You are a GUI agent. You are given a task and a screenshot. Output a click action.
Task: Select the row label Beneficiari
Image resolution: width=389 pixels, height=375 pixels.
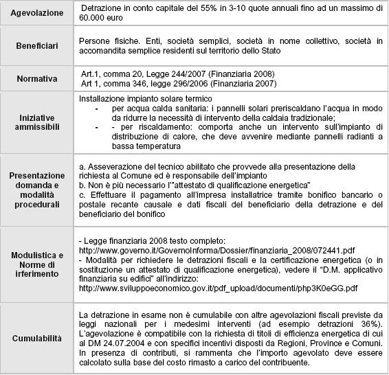36,45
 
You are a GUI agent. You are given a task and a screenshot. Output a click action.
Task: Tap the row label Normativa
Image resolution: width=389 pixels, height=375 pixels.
36,79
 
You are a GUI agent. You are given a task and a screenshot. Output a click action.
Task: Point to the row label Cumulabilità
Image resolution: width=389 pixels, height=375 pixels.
36,339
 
